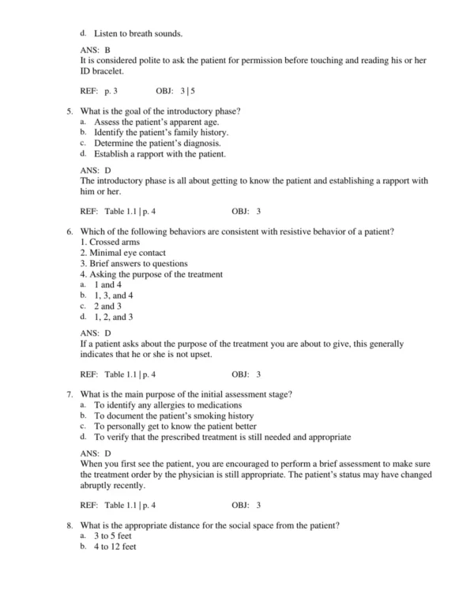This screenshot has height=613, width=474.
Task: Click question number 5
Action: [x=70, y=111]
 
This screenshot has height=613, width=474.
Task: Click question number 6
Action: [x=70, y=231]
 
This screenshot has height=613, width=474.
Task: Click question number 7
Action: [x=70, y=393]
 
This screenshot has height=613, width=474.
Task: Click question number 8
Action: [x=70, y=525]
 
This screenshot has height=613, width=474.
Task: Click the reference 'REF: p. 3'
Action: [x=100, y=92]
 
